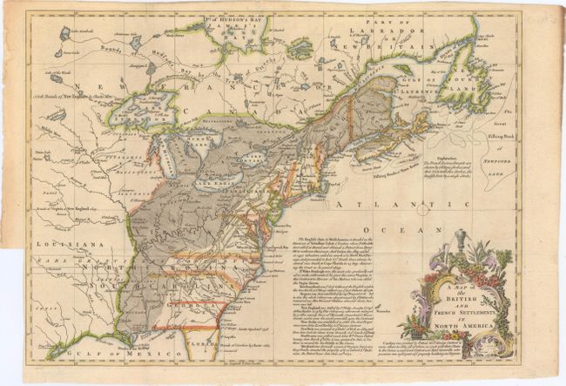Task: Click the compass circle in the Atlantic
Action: [x=423, y=210]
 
